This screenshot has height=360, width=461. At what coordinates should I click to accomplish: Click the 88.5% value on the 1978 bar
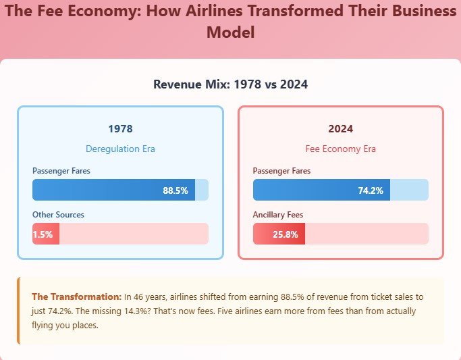click(x=175, y=190)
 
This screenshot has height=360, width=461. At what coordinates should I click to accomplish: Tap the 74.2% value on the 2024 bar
click(x=371, y=190)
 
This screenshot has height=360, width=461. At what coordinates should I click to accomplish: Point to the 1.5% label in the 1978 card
click(x=43, y=234)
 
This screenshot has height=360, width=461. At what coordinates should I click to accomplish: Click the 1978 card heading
click(x=120, y=128)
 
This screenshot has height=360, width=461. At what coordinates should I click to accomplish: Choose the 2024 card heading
click(x=340, y=128)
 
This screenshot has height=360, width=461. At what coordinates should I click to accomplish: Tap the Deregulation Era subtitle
click(x=120, y=149)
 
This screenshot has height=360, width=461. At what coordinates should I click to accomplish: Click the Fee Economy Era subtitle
click(x=340, y=149)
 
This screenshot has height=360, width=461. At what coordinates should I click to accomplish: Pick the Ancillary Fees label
click(x=277, y=215)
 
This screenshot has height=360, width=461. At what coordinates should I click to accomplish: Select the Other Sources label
click(x=58, y=215)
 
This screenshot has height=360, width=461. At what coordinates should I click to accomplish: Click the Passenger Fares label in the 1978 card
click(x=61, y=171)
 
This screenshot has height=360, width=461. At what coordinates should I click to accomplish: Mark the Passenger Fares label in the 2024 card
click(x=281, y=171)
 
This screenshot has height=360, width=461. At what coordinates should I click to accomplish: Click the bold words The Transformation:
click(x=76, y=297)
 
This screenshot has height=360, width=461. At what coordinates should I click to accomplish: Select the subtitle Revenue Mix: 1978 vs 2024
click(x=230, y=84)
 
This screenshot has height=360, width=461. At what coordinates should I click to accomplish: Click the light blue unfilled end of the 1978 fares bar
click(x=202, y=190)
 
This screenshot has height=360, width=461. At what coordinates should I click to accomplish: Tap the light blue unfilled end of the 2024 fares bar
click(x=409, y=190)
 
